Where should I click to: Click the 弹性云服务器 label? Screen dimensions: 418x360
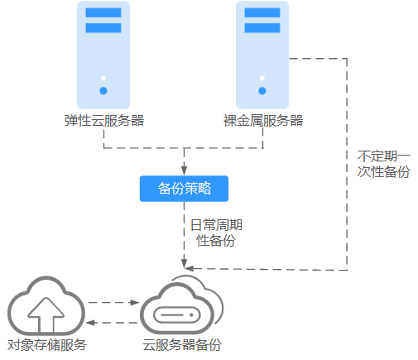pyautogui.click(x=104, y=121)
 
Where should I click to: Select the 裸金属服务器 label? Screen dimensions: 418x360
pyautogui.click(x=263, y=121)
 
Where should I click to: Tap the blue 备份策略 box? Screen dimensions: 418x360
pyautogui.click(x=184, y=189)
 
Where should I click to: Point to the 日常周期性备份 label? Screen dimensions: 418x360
pyautogui.click(x=216, y=233)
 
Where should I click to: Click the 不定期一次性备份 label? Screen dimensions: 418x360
pyautogui.click(x=384, y=164)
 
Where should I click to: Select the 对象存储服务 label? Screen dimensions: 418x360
pyautogui.click(x=47, y=345)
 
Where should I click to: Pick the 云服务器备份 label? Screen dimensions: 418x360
pyautogui.click(x=182, y=345)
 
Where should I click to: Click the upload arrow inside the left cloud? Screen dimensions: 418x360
pyautogui.click(x=46, y=314)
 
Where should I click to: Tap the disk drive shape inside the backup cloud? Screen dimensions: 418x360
pyautogui.click(x=177, y=314)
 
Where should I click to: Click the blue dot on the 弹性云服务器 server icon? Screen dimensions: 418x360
pyautogui.click(x=103, y=91)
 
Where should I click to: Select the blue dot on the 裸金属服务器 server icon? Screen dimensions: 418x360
pyautogui.click(x=262, y=91)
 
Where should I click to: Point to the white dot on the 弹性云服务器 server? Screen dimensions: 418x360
pyautogui.click(x=103, y=78)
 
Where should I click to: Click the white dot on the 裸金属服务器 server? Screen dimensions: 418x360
pyautogui.click(x=262, y=78)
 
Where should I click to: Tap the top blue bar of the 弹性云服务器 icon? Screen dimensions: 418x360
pyautogui.click(x=103, y=12)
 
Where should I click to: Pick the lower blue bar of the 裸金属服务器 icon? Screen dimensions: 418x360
pyautogui.click(x=262, y=28)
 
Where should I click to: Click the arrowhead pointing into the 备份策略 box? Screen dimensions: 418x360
pyautogui.click(x=184, y=170)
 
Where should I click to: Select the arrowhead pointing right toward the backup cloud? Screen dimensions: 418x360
pyautogui.click(x=135, y=303)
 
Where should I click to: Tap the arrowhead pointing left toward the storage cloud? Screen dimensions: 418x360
pyautogui.click(x=90, y=323)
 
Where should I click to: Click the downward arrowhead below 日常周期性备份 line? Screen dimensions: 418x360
pyautogui.click(x=184, y=263)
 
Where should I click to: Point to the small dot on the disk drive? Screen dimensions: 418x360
pyautogui.click(x=191, y=314)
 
